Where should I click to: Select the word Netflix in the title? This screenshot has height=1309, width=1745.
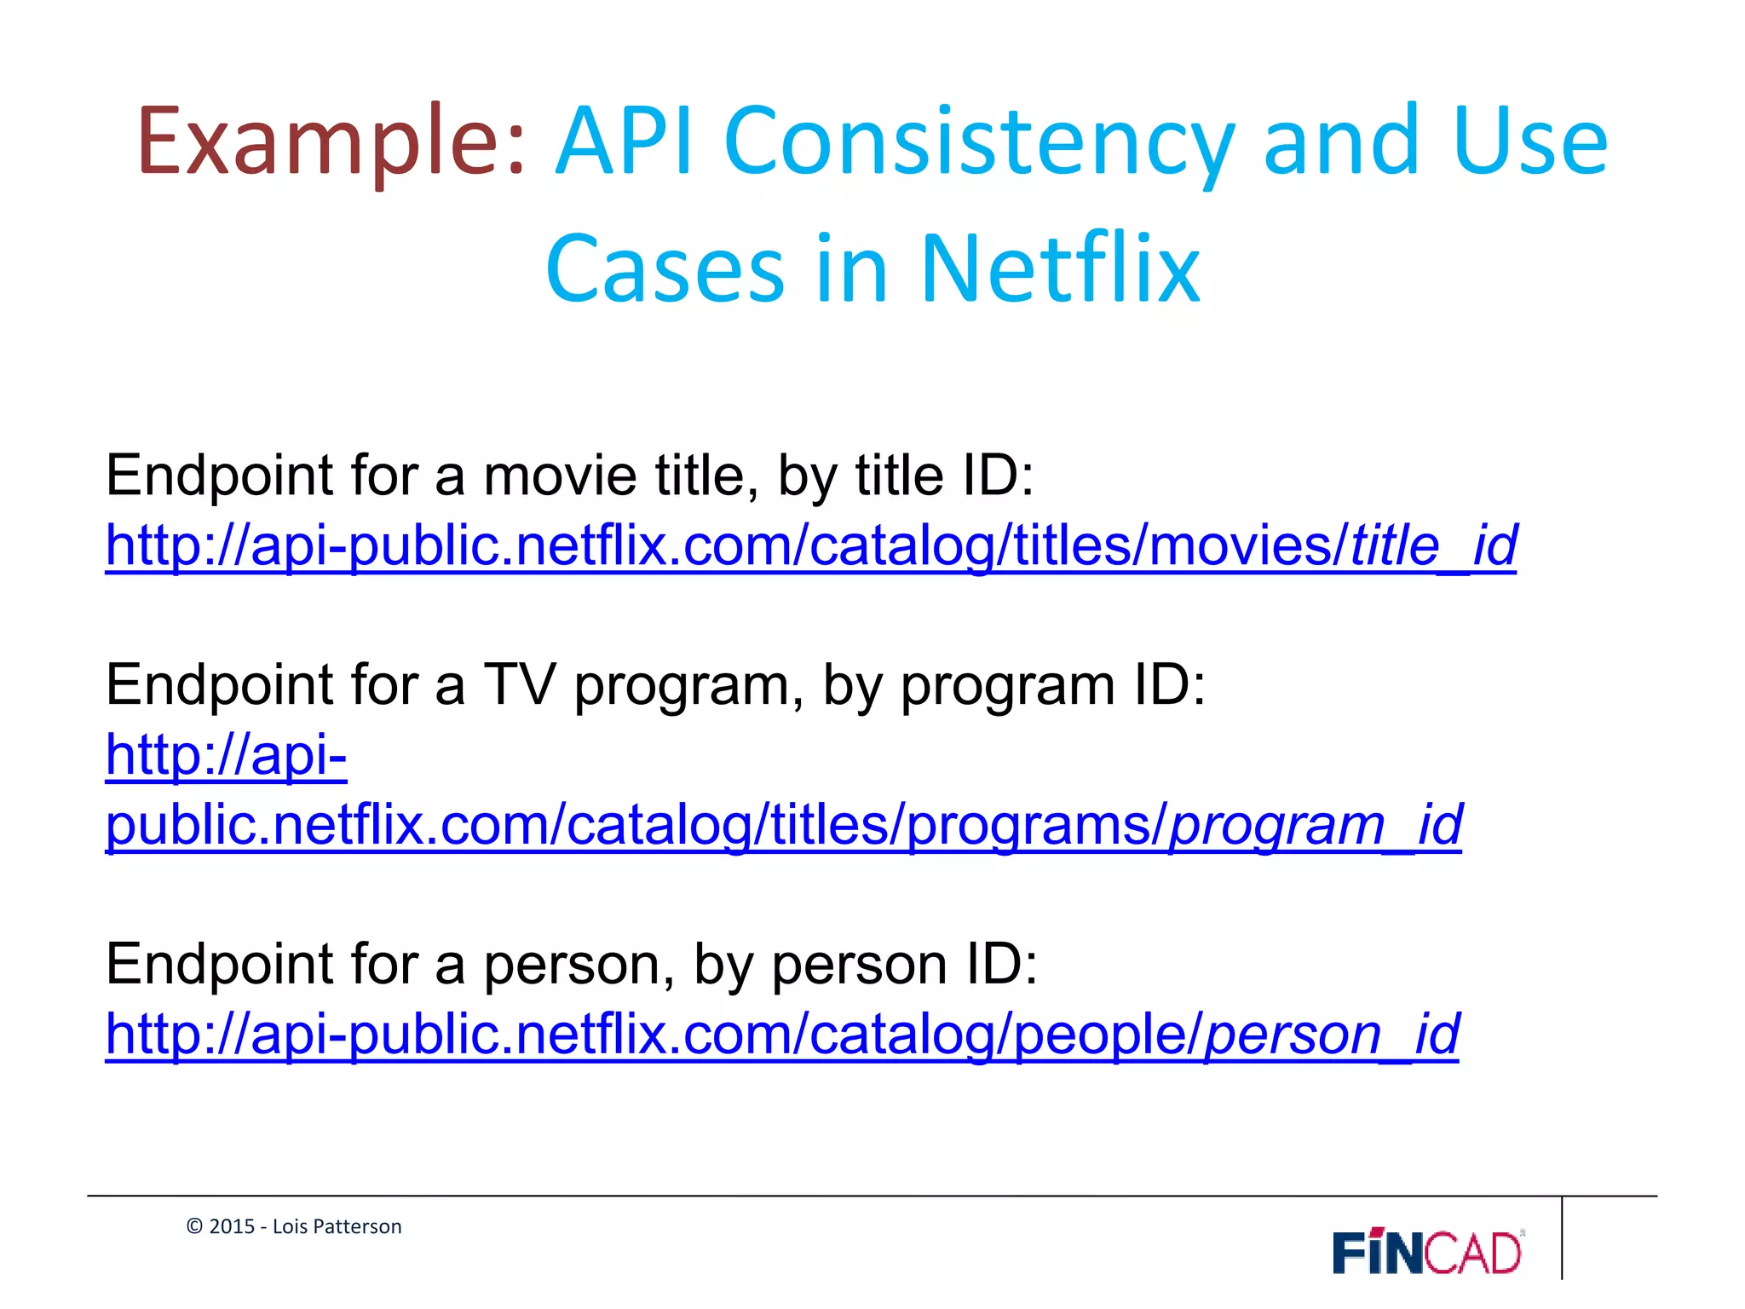[x=1060, y=269]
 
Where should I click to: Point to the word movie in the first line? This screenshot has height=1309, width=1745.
[x=560, y=476]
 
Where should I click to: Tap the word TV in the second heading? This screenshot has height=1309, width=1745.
[x=519, y=684]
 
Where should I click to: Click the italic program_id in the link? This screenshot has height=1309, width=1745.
[x=1316, y=825]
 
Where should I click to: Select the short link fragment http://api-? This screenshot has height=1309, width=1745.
[x=226, y=755]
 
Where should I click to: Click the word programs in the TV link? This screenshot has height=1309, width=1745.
[x=1028, y=825]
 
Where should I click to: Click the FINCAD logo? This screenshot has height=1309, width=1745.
[x=1427, y=1252]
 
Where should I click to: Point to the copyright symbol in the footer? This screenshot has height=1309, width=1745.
[x=194, y=1226]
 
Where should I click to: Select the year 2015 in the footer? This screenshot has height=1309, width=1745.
[x=232, y=1226]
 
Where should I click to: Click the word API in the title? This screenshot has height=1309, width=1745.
[x=624, y=143]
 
